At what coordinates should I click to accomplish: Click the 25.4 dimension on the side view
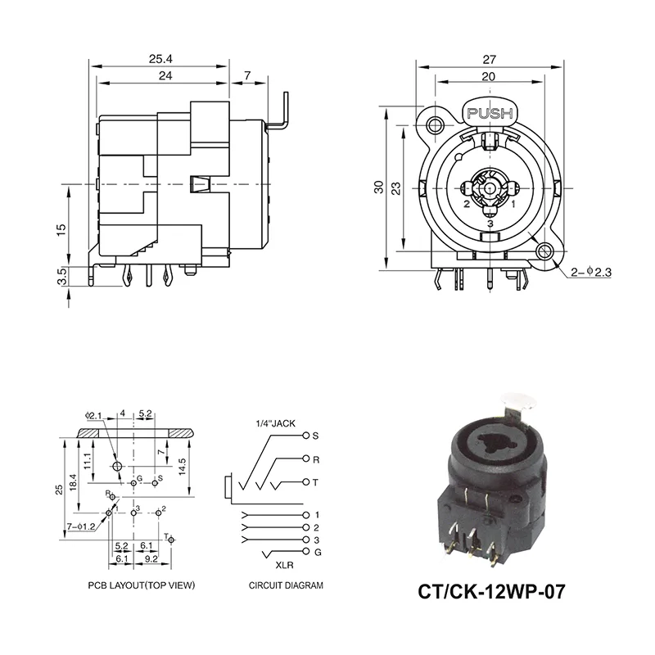pos(160,58)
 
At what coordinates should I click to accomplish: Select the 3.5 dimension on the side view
pos(61,275)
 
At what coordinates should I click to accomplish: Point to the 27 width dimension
pos(489,58)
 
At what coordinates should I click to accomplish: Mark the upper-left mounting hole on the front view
pos(434,124)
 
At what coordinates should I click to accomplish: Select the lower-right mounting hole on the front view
pos(543,252)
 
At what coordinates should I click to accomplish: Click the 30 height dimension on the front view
pos(378,187)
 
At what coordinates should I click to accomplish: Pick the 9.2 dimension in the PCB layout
pos(151,558)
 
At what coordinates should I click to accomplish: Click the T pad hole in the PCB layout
pos(172,539)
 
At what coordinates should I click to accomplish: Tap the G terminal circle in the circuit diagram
pos(306,553)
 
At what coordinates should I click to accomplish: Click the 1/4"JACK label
pos(277,423)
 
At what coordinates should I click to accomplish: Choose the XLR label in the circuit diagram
pos(284,565)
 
